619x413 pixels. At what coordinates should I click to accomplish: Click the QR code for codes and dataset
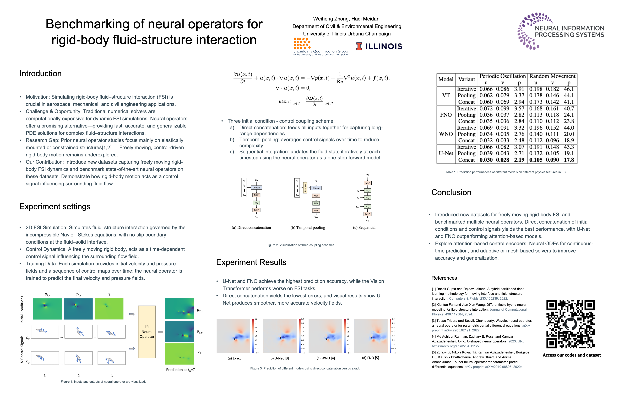(x=570, y=324)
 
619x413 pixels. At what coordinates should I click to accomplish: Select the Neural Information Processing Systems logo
(x=561, y=31)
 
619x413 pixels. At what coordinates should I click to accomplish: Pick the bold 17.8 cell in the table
(x=569, y=160)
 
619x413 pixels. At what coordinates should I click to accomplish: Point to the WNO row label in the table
(x=446, y=134)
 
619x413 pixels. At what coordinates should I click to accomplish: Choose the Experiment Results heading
(x=251, y=262)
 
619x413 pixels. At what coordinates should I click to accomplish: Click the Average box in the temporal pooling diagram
(x=305, y=188)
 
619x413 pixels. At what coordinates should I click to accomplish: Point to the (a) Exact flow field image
(x=233, y=336)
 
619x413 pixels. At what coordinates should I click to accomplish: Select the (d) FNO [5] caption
(x=370, y=358)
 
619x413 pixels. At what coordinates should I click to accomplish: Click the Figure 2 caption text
(x=300, y=245)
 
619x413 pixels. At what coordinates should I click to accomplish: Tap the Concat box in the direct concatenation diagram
(x=256, y=188)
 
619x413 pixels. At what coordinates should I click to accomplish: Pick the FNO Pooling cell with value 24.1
(x=569, y=115)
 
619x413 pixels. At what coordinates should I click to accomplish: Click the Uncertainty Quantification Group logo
(x=320, y=47)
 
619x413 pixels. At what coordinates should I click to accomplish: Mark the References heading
(x=444, y=278)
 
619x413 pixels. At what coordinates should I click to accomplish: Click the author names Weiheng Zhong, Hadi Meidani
(x=347, y=19)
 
